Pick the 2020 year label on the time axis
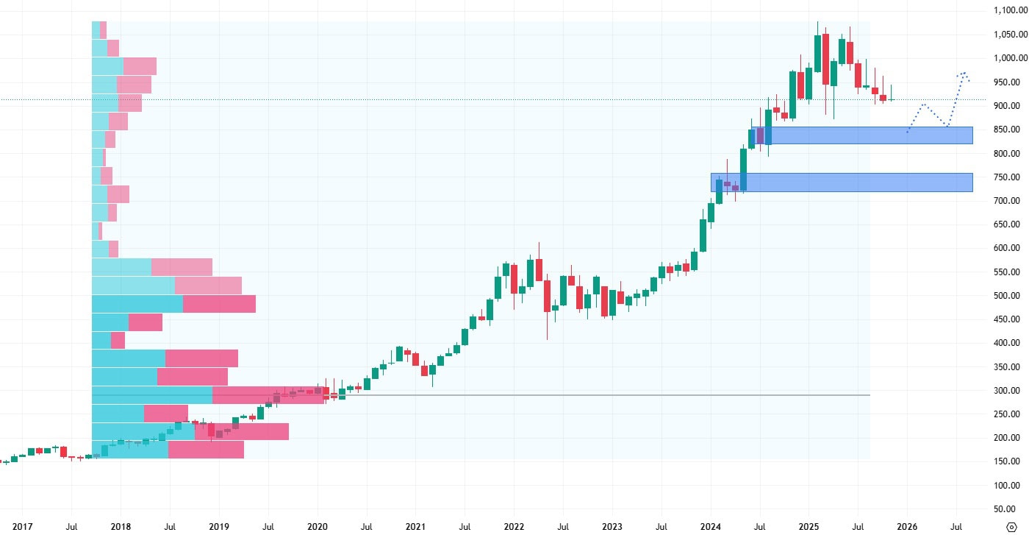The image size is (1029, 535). tap(318, 527)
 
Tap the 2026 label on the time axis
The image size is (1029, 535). tap(907, 527)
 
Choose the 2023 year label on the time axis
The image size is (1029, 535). tap(612, 527)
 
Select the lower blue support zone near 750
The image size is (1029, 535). tap(845, 183)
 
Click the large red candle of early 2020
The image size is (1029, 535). tap(326, 394)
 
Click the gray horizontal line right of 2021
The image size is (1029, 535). tap(588, 395)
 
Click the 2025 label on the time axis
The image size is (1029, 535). tap(808, 527)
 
